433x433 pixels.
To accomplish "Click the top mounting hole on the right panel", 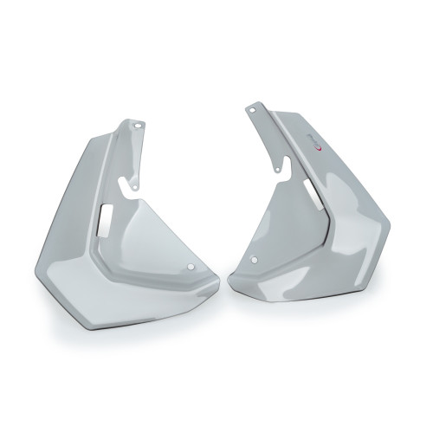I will coord(252,109).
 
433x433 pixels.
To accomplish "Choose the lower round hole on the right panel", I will coord(254,259).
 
